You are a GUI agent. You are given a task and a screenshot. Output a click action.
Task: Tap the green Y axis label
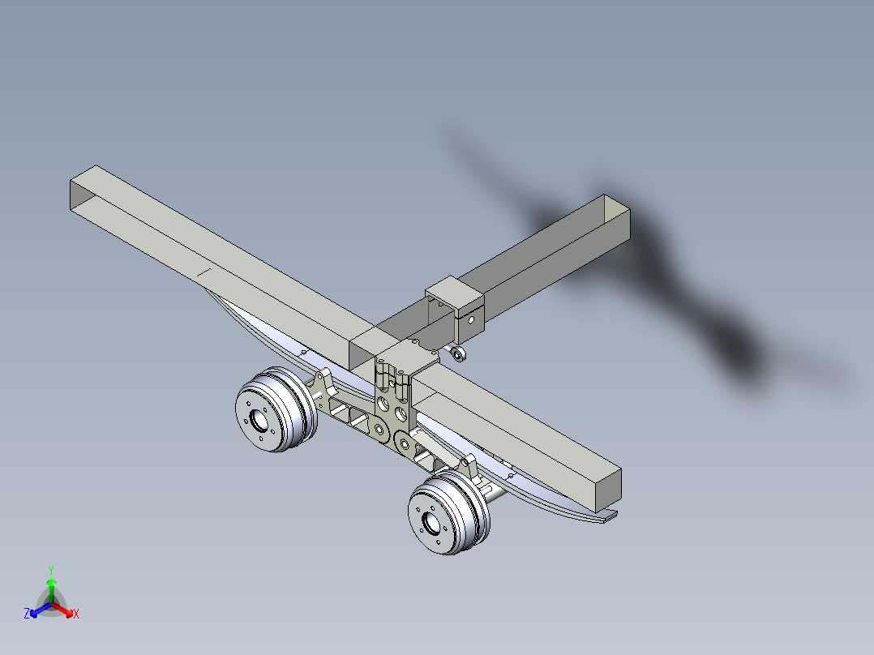50,570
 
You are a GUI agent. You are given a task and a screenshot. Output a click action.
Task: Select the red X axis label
76,614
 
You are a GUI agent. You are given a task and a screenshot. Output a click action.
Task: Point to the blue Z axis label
27,614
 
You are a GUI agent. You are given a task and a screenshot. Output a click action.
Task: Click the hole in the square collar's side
468,319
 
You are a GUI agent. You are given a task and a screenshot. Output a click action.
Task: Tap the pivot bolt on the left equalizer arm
379,428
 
